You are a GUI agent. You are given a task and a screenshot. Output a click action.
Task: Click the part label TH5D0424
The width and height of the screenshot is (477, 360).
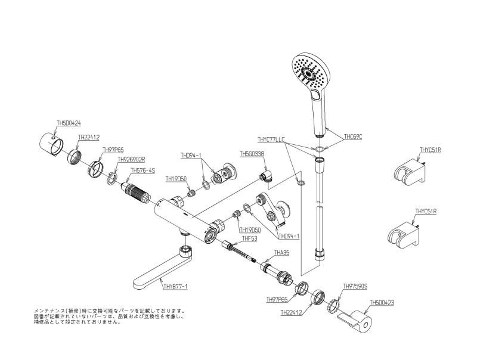point(69,124)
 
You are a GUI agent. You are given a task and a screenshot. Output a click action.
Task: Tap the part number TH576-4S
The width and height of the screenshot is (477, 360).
point(143,170)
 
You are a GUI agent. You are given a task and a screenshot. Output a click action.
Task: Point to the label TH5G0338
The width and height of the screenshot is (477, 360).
point(252,154)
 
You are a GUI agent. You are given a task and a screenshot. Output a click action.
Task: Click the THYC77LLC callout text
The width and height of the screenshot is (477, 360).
point(271,140)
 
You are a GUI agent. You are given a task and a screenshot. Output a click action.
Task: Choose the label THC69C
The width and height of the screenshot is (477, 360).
point(353,136)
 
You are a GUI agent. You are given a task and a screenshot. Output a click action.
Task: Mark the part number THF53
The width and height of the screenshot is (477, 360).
point(249,238)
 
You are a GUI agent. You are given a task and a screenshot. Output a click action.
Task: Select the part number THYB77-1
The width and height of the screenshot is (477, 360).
point(175,287)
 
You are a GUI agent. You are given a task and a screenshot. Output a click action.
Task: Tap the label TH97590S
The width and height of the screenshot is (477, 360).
point(355,287)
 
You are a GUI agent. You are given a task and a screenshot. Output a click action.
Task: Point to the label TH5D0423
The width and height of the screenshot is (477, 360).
point(382,303)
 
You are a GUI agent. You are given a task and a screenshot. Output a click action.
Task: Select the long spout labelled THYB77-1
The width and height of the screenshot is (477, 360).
point(158,272)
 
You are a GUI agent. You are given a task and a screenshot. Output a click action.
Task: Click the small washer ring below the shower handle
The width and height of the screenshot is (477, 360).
point(320,148)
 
